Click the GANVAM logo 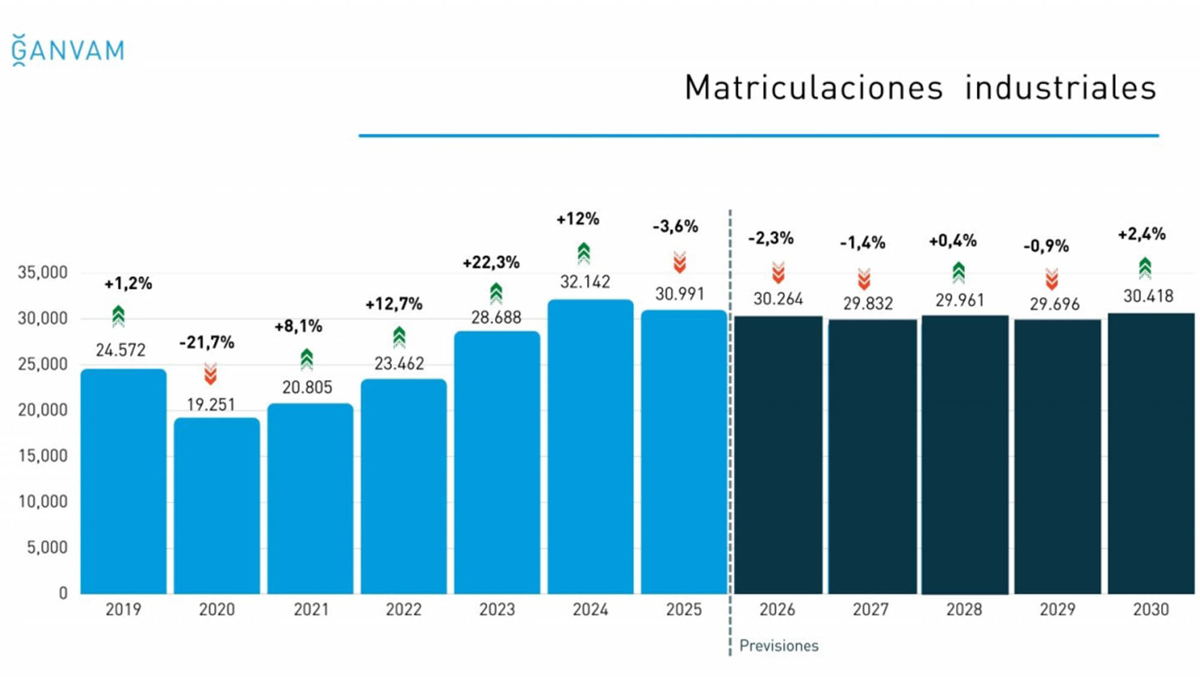tap(68, 50)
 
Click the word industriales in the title tap(1060, 88)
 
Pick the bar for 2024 tap(590, 447)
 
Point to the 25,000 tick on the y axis tap(43, 364)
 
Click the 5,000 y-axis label tap(47, 547)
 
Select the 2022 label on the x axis tap(404, 610)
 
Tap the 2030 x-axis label tap(1151, 610)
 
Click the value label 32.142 tap(585, 282)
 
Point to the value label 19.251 tap(211, 405)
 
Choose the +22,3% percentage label tap(491, 262)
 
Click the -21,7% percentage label tap(206, 343)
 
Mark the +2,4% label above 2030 tap(1141, 234)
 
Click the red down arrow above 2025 tap(679, 262)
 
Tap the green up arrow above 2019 tap(118, 316)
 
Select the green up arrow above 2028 tap(958, 272)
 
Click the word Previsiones tap(779, 646)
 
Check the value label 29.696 tap(1054, 304)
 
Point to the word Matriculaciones tap(814, 88)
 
